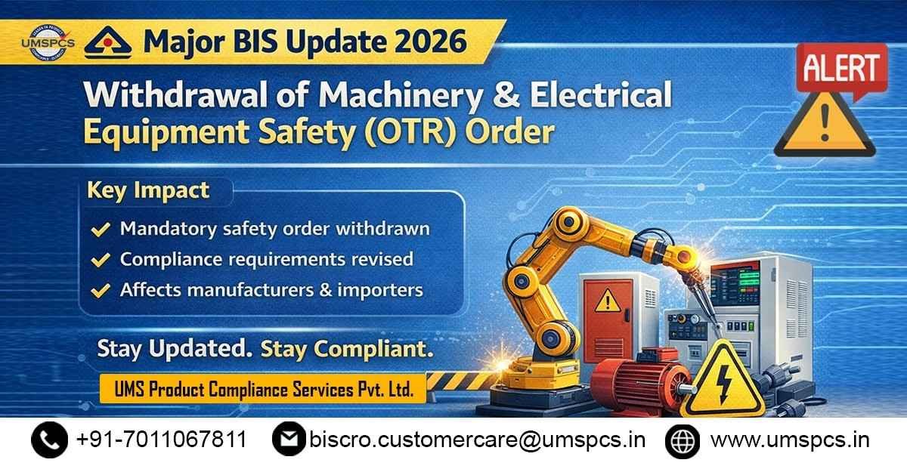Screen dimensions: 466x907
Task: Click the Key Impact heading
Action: point(148,190)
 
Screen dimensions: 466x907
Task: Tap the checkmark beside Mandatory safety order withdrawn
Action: point(99,228)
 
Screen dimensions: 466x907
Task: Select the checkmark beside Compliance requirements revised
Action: point(99,260)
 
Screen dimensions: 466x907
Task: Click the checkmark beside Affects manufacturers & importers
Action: point(99,291)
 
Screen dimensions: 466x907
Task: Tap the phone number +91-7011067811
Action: point(162,440)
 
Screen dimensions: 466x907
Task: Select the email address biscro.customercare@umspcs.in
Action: point(477,440)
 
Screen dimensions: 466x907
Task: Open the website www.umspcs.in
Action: point(790,440)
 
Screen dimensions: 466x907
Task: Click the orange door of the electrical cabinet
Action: point(605,316)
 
